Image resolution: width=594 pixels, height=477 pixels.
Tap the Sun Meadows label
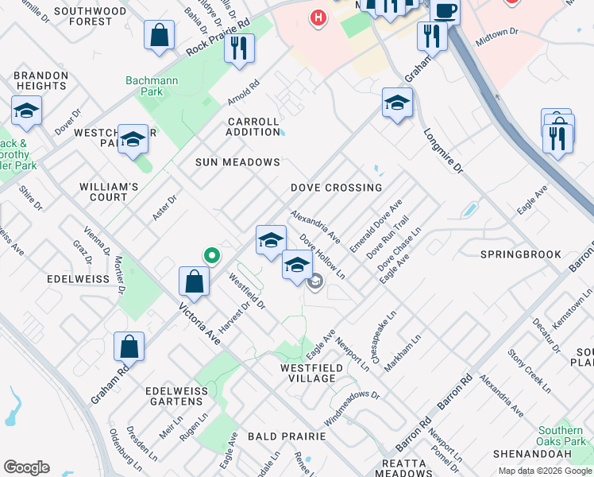(238, 162)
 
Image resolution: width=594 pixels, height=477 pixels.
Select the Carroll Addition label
(253, 126)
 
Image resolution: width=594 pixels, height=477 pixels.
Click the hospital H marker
(318, 17)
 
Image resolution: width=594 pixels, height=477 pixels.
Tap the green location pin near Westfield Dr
(211, 255)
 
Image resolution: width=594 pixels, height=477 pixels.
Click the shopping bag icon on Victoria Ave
(195, 281)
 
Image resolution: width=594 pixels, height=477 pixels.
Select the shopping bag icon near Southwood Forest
(160, 36)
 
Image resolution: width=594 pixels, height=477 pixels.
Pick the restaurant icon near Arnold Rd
(239, 48)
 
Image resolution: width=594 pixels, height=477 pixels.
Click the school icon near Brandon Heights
(26, 111)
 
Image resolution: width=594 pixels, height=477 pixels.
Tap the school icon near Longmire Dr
(397, 103)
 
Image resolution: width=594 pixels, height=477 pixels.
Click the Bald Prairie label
(287, 436)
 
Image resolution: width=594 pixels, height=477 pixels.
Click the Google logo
(26, 467)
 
